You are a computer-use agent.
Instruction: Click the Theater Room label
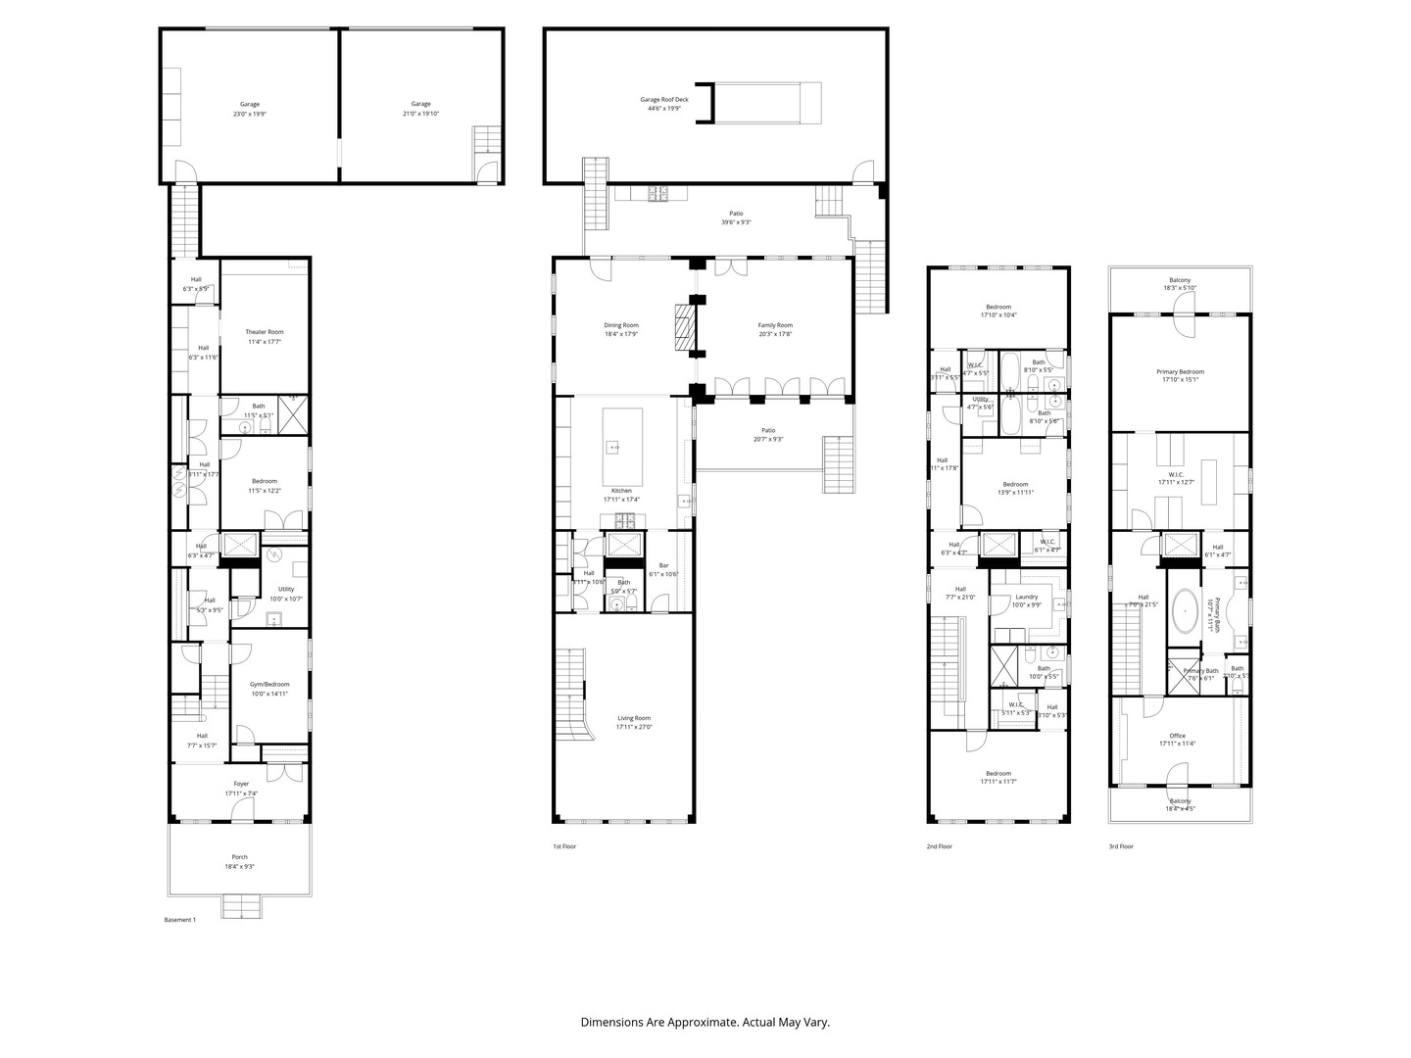click(x=264, y=332)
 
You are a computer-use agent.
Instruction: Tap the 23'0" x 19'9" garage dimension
click(x=250, y=115)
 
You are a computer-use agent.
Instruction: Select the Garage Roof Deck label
click(x=664, y=99)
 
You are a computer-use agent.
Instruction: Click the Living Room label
click(x=634, y=718)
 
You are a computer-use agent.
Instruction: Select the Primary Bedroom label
click(x=1180, y=372)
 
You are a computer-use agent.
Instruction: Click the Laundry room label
click(x=1026, y=597)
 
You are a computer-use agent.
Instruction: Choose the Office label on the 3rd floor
click(x=1177, y=736)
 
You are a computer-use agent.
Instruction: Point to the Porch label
click(x=240, y=856)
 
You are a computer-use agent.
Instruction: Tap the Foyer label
click(x=241, y=784)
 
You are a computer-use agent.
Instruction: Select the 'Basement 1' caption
click(x=179, y=920)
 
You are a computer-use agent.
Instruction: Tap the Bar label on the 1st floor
click(x=663, y=565)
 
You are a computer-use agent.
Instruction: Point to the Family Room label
click(x=775, y=325)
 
